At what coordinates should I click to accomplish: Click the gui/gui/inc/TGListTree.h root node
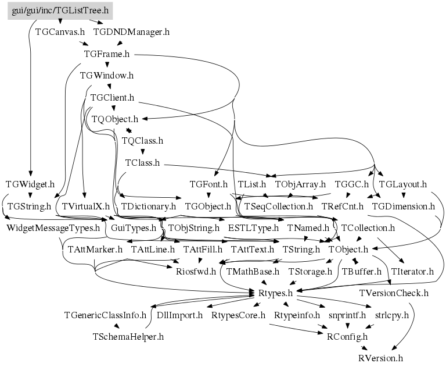[x=60, y=10]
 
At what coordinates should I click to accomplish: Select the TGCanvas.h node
[x=60, y=32]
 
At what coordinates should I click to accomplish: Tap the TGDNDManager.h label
[x=131, y=32]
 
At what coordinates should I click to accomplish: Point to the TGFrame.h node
[x=106, y=54]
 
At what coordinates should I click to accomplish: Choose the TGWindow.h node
[x=107, y=76]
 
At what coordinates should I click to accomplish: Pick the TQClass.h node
[x=142, y=141]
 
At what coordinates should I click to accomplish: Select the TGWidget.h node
[x=30, y=184]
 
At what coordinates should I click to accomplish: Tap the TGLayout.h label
[x=402, y=184]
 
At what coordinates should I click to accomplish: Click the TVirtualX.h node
[x=86, y=206]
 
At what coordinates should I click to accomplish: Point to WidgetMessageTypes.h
[x=53, y=227]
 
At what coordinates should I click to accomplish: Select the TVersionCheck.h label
[x=394, y=293]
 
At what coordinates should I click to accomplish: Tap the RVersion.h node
[x=380, y=358]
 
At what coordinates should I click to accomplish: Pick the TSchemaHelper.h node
[x=128, y=336]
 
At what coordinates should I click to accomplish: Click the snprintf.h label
[x=347, y=315]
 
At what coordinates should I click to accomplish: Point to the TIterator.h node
[x=412, y=271]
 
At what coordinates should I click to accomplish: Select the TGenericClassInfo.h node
[x=105, y=315]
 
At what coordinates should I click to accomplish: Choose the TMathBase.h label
[x=253, y=271]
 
